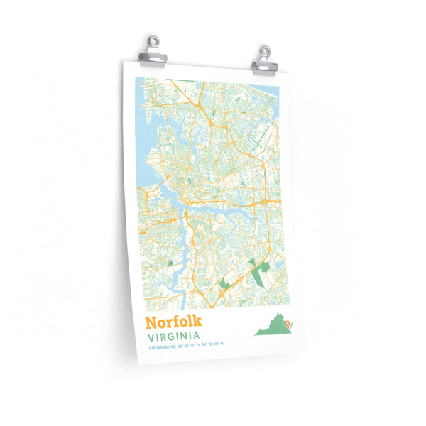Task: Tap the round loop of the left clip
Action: [x=153, y=45]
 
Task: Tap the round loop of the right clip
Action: [x=264, y=51]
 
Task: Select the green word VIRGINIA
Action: [x=173, y=337]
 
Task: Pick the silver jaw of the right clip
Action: [x=265, y=66]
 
